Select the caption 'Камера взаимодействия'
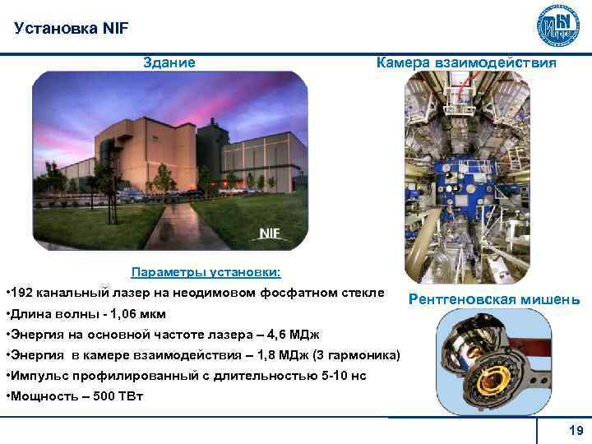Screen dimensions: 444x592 [x=466, y=62]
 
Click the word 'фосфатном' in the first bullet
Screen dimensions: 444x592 [x=294, y=293]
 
